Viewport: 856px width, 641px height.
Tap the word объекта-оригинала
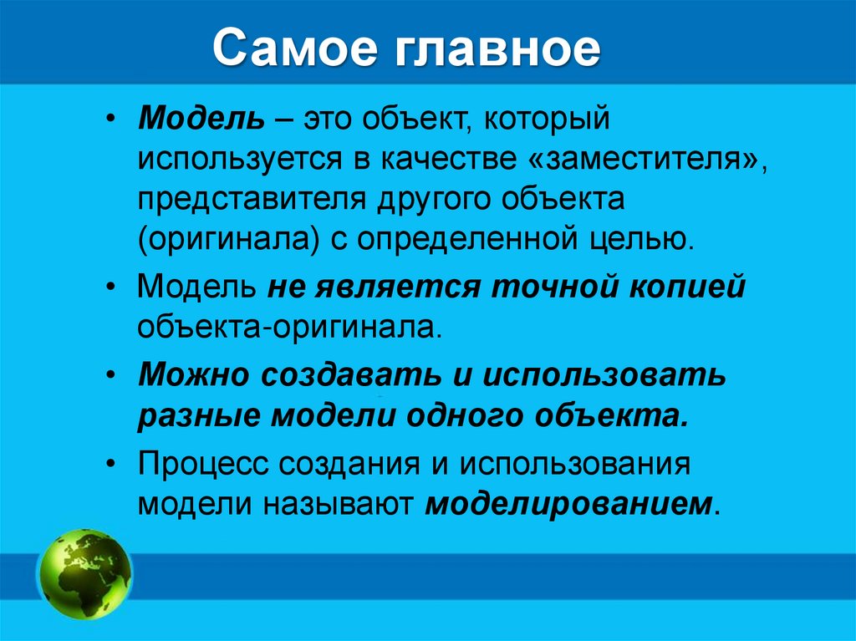coord(288,326)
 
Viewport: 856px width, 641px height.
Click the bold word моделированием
coord(570,504)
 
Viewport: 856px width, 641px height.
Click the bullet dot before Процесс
coord(112,464)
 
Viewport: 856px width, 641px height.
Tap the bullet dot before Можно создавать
coord(112,375)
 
